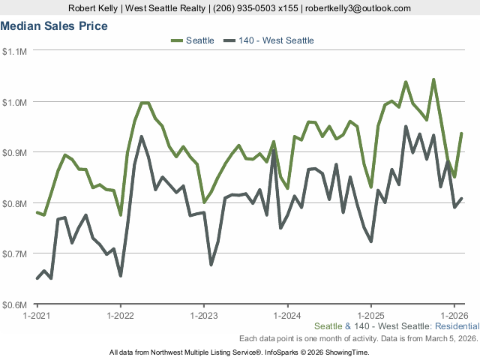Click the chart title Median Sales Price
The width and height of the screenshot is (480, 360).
coord(54,26)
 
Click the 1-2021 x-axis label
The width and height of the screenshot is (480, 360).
coord(37,315)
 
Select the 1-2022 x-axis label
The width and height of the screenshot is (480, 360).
coord(121,315)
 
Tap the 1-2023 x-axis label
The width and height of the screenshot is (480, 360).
coord(204,315)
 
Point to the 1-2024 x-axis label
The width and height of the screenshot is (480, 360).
coord(288,315)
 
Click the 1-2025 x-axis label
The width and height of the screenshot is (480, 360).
coord(371,315)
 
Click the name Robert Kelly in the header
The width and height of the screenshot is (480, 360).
coord(94,8)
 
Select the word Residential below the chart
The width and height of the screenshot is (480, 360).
coord(457,327)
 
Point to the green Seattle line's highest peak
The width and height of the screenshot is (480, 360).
coord(433,79)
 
